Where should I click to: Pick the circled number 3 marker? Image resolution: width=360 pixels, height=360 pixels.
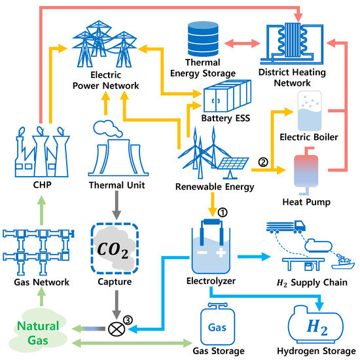[128, 318]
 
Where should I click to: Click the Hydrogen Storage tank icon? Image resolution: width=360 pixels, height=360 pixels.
[315, 323]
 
